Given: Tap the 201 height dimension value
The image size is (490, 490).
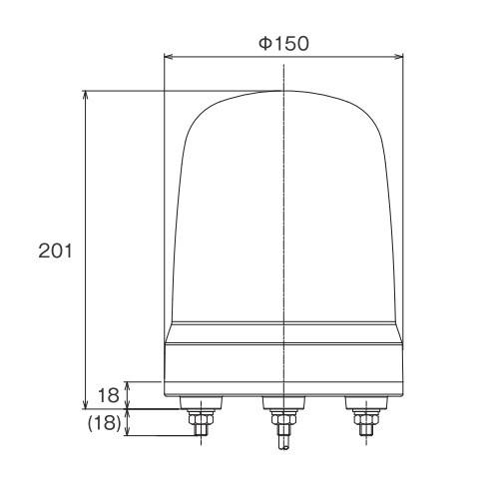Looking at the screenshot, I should pyautogui.click(x=57, y=250).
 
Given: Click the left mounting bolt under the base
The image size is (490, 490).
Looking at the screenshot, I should pyautogui.click(x=199, y=414).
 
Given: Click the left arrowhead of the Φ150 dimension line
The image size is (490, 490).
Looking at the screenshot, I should pyautogui.click(x=168, y=57).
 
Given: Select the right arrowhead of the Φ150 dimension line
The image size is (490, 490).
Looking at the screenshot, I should pyautogui.click(x=400, y=57).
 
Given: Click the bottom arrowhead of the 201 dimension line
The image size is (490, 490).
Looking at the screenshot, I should pyautogui.click(x=88, y=403).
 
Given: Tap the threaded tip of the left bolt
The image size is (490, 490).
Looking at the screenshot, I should pyautogui.click(x=199, y=432).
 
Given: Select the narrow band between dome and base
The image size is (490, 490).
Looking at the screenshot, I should pyautogui.click(x=284, y=328).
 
